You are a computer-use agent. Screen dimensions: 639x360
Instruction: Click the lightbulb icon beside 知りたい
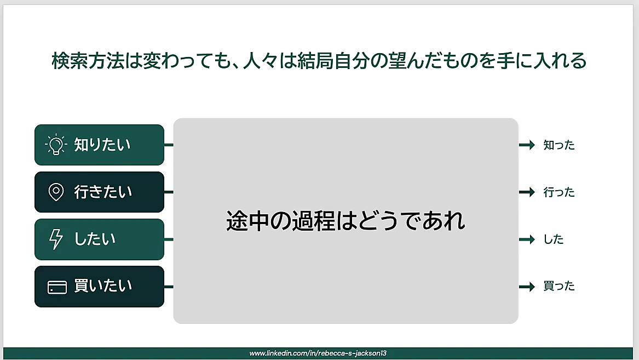pyautogui.click(x=56, y=144)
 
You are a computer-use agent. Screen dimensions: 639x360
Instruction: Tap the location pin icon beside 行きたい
pyautogui.click(x=56, y=192)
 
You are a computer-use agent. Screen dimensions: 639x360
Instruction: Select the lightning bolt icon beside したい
pyautogui.click(x=56, y=239)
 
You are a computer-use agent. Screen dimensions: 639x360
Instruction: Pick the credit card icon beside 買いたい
pyautogui.click(x=57, y=287)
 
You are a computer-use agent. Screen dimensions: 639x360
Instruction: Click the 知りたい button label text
pyautogui.click(x=102, y=145)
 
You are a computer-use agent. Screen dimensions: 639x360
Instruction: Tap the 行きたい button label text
pyautogui.click(x=103, y=192)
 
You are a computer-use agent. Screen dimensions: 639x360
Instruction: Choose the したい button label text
pyautogui.click(x=95, y=239)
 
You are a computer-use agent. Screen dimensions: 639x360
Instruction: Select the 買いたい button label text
pyautogui.click(x=103, y=286)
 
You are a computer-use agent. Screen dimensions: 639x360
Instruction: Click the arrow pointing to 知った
pyautogui.click(x=527, y=145)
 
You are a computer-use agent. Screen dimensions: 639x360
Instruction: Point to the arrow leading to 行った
pyautogui.click(x=527, y=192)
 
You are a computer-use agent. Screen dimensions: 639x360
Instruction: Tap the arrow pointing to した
pyautogui.click(x=527, y=239)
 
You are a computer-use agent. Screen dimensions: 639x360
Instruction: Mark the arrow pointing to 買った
pyautogui.click(x=527, y=287)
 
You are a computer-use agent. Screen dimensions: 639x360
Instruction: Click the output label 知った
pyautogui.click(x=559, y=145)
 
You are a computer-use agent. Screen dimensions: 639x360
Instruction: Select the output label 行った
pyautogui.click(x=559, y=192)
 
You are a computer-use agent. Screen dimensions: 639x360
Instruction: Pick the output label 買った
pyautogui.click(x=559, y=286)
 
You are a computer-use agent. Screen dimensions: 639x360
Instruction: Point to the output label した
pyautogui.click(x=554, y=239)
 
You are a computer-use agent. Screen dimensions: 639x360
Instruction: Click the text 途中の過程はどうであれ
pyautogui.click(x=346, y=221)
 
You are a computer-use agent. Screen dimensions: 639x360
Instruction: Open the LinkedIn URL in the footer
pyautogui.click(x=318, y=353)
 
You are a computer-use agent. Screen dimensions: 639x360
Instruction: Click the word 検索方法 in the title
pyautogui.click(x=88, y=61)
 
